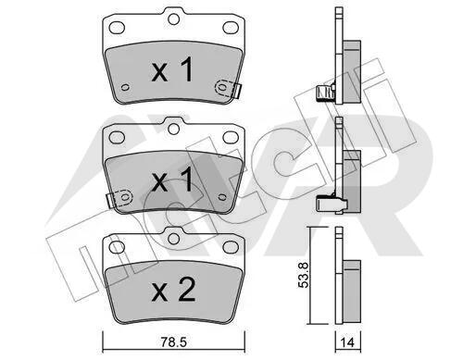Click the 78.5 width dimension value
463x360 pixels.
click(x=174, y=341)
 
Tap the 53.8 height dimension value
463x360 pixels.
click(x=304, y=275)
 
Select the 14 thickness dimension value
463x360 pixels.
click(x=347, y=342)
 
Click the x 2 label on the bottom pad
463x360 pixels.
click(x=173, y=290)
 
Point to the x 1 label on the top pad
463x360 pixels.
click(x=172, y=69)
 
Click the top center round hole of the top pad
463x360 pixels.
click(x=174, y=19)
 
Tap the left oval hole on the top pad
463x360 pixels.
click(x=117, y=28)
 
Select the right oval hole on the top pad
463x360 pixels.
click(x=231, y=28)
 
